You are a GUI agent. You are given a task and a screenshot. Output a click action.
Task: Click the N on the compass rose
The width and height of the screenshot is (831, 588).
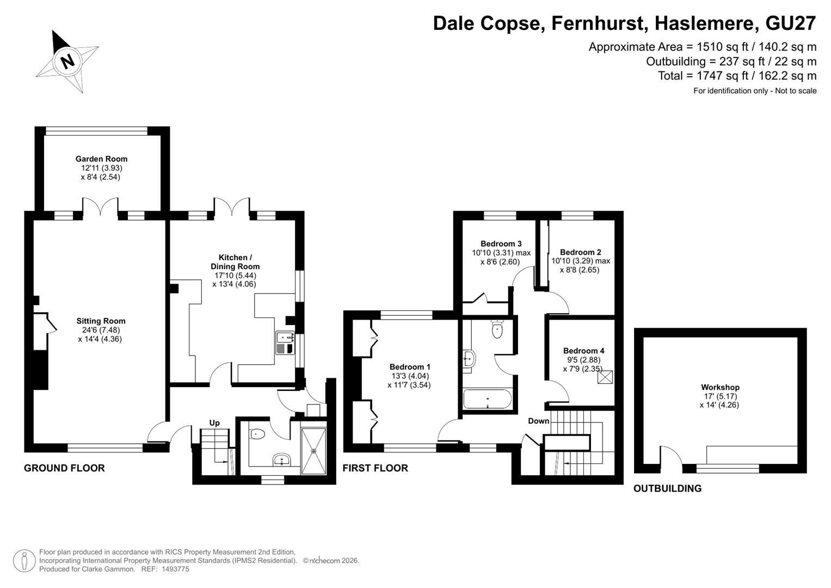[x=67, y=61]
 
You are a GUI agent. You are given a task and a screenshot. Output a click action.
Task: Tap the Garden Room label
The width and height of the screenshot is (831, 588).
[x=101, y=159]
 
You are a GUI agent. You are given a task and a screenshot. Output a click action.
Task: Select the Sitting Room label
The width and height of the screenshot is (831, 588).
[x=101, y=321]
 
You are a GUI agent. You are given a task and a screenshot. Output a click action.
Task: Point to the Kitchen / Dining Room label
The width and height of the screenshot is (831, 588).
[x=235, y=262]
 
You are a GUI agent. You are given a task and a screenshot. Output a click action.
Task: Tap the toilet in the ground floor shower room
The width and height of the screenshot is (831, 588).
[x=257, y=433]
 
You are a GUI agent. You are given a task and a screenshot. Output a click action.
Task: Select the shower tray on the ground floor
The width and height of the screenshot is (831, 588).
[x=314, y=451]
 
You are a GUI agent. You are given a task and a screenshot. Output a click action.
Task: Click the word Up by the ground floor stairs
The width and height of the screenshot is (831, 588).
[x=214, y=423]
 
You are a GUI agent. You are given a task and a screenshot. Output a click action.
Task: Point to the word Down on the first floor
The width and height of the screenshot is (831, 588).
[x=539, y=421]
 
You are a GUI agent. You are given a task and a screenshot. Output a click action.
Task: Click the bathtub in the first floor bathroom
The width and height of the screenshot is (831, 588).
[x=488, y=399]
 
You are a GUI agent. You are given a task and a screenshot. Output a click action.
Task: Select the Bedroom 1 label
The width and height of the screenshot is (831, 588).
[x=410, y=367]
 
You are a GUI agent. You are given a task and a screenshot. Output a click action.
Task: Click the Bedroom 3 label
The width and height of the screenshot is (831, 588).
[x=501, y=243]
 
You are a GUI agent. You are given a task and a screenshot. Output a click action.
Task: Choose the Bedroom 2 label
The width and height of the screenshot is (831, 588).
[x=581, y=252]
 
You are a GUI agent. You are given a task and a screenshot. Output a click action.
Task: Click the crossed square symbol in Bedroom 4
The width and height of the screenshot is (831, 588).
[x=605, y=377]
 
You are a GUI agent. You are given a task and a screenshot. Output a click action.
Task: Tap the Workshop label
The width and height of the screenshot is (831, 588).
[x=720, y=387]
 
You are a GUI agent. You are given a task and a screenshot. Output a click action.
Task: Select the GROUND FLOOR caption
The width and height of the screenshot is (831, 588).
[x=64, y=468]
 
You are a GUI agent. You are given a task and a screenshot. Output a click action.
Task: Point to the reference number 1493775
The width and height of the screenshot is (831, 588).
[x=175, y=569]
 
